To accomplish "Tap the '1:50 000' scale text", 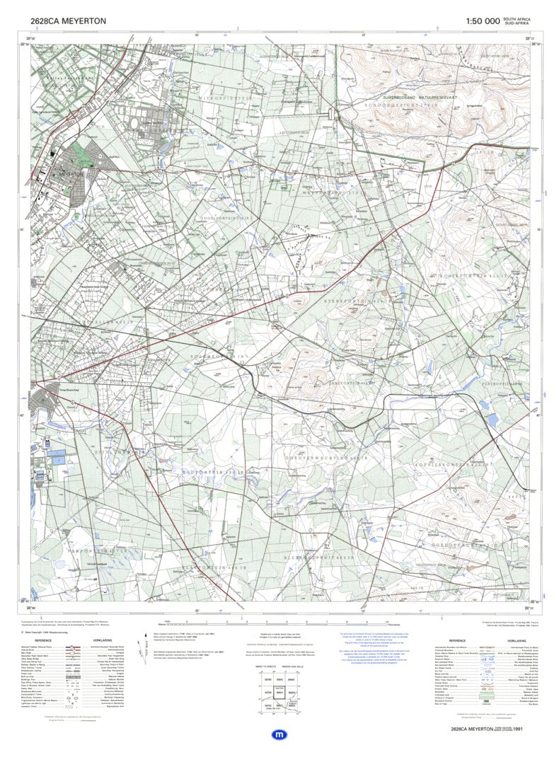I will click(x=483, y=21).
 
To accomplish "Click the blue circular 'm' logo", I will click(x=279, y=736).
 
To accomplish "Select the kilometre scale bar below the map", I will click(x=283, y=623).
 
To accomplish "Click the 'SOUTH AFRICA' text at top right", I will click(x=516, y=19).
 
